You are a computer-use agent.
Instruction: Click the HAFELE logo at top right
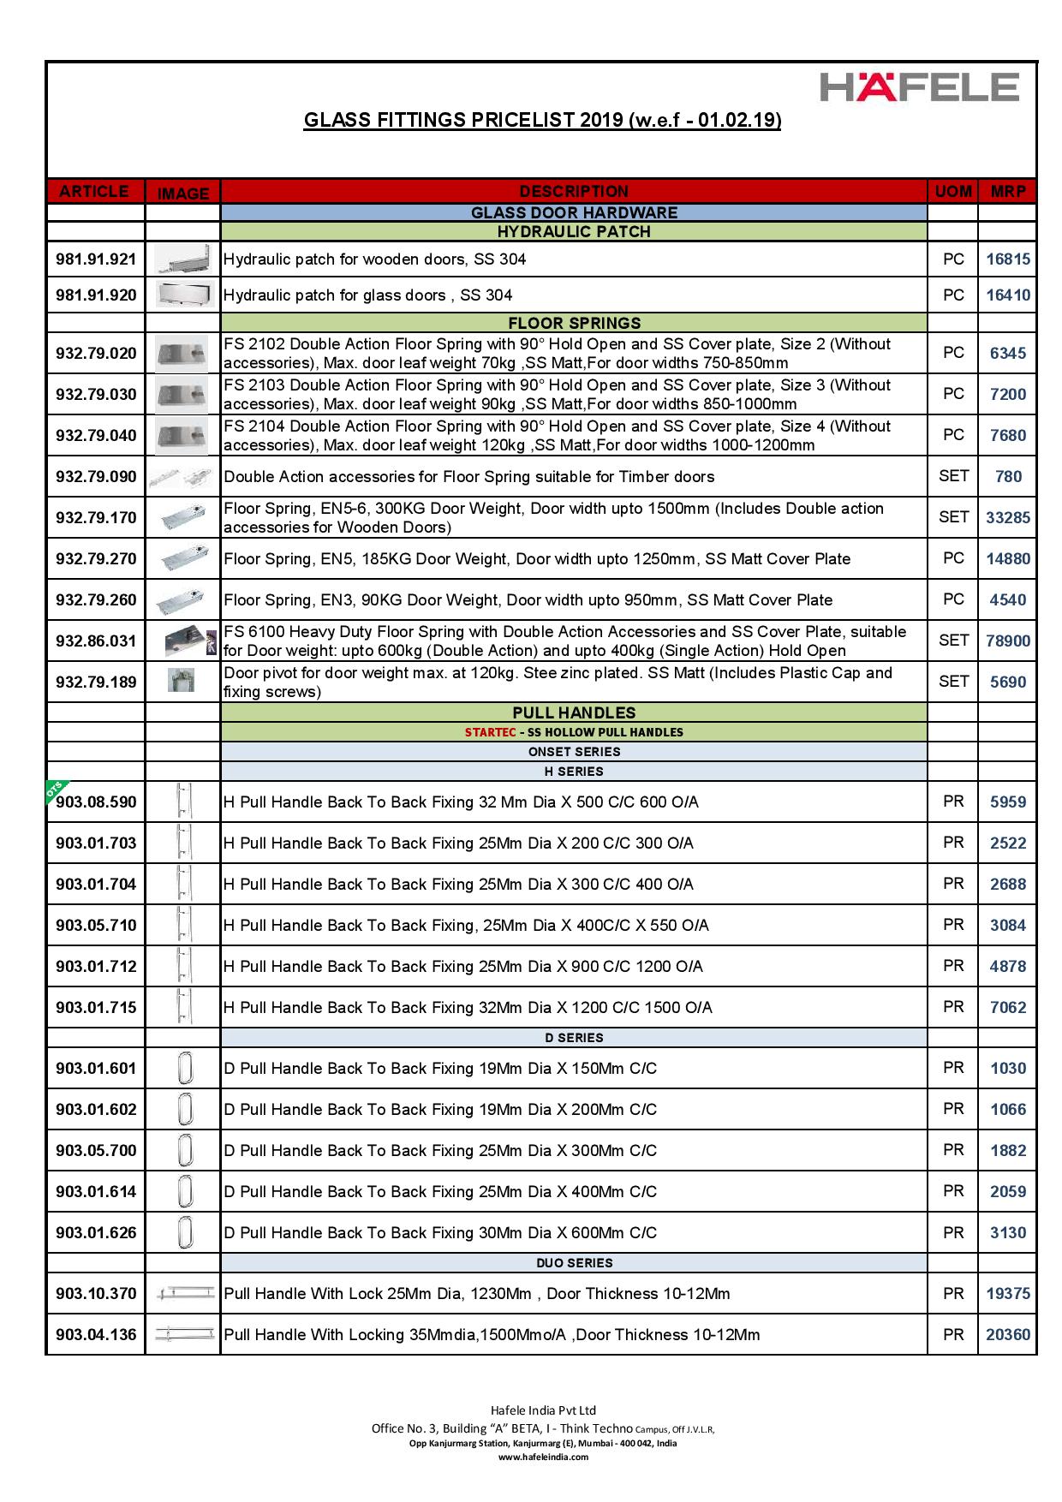coord(920,86)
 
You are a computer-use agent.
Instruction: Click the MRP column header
coord(1007,191)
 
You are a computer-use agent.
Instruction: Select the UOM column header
coord(952,191)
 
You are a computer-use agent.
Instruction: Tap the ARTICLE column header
coord(95,191)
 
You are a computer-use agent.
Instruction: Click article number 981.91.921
coord(96,259)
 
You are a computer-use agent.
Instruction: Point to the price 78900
coord(1007,641)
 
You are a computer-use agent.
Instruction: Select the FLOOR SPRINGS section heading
coord(574,323)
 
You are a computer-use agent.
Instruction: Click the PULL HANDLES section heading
coord(574,712)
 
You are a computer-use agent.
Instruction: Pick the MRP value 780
coord(1008,476)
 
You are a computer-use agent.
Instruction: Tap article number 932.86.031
coord(96,641)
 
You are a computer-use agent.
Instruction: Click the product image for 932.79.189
coord(182,681)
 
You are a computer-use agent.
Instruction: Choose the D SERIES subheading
coord(574,1038)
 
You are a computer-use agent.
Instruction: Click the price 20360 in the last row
coord(1007,1334)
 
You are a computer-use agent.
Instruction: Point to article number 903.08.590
coord(96,802)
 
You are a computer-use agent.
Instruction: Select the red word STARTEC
coord(490,732)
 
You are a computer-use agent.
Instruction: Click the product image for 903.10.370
coord(182,1294)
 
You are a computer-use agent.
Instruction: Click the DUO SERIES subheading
coord(574,1262)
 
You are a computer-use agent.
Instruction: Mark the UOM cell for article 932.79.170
coord(953,517)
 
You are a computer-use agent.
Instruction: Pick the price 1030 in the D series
coord(1007,1068)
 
